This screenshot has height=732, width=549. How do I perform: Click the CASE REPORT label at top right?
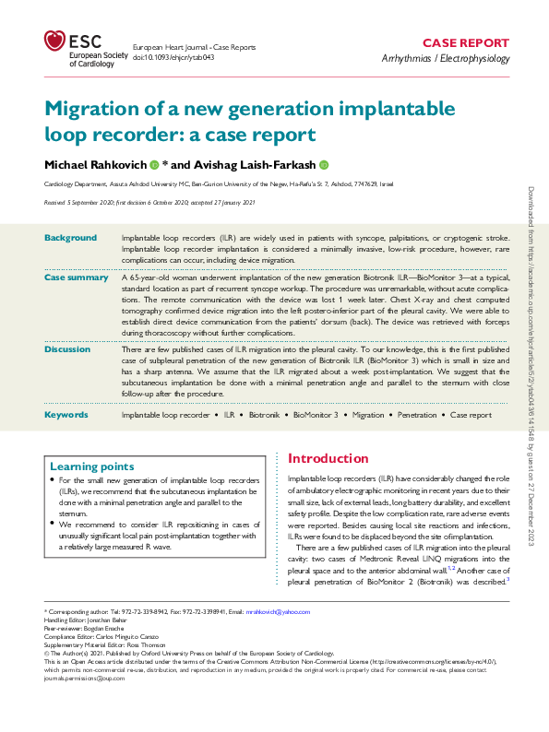(x=465, y=43)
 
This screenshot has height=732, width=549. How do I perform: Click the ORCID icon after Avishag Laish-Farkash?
(x=324, y=164)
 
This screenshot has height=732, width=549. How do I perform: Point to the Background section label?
(x=70, y=238)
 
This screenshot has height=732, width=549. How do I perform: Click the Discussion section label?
(x=67, y=349)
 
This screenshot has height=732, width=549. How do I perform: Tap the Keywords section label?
(x=66, y=415)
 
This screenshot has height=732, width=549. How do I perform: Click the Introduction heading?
(x=328, y=458)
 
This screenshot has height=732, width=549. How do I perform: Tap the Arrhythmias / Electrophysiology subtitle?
(x=445, y=59)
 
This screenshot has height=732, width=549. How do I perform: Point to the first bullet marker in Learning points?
(x=52, y=482)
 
